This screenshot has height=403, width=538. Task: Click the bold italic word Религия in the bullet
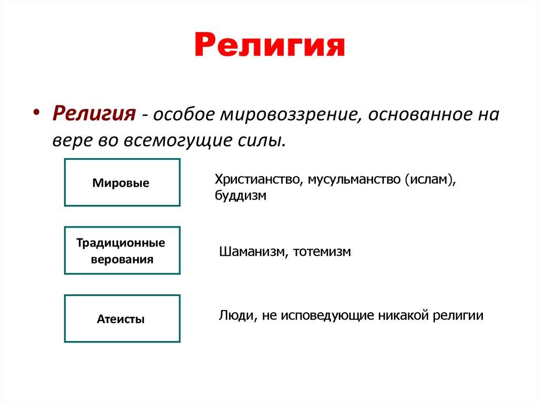[95, 113]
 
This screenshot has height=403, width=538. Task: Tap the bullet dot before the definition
[37, 114]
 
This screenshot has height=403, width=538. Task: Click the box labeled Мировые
[122, 182]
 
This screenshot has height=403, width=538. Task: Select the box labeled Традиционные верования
[122, 251]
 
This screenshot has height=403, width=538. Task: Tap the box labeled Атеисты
[122, 318]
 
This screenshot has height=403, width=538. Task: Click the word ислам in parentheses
[428, 180]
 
